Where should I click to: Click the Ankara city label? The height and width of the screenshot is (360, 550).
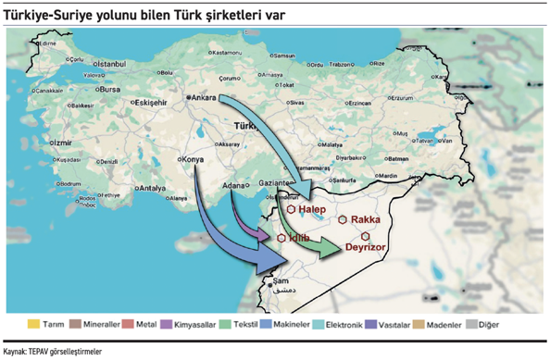205,96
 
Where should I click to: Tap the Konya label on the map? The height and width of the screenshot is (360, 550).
193,158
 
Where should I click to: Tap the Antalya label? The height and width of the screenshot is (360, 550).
150,189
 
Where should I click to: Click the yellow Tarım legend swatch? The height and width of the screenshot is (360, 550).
34,324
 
